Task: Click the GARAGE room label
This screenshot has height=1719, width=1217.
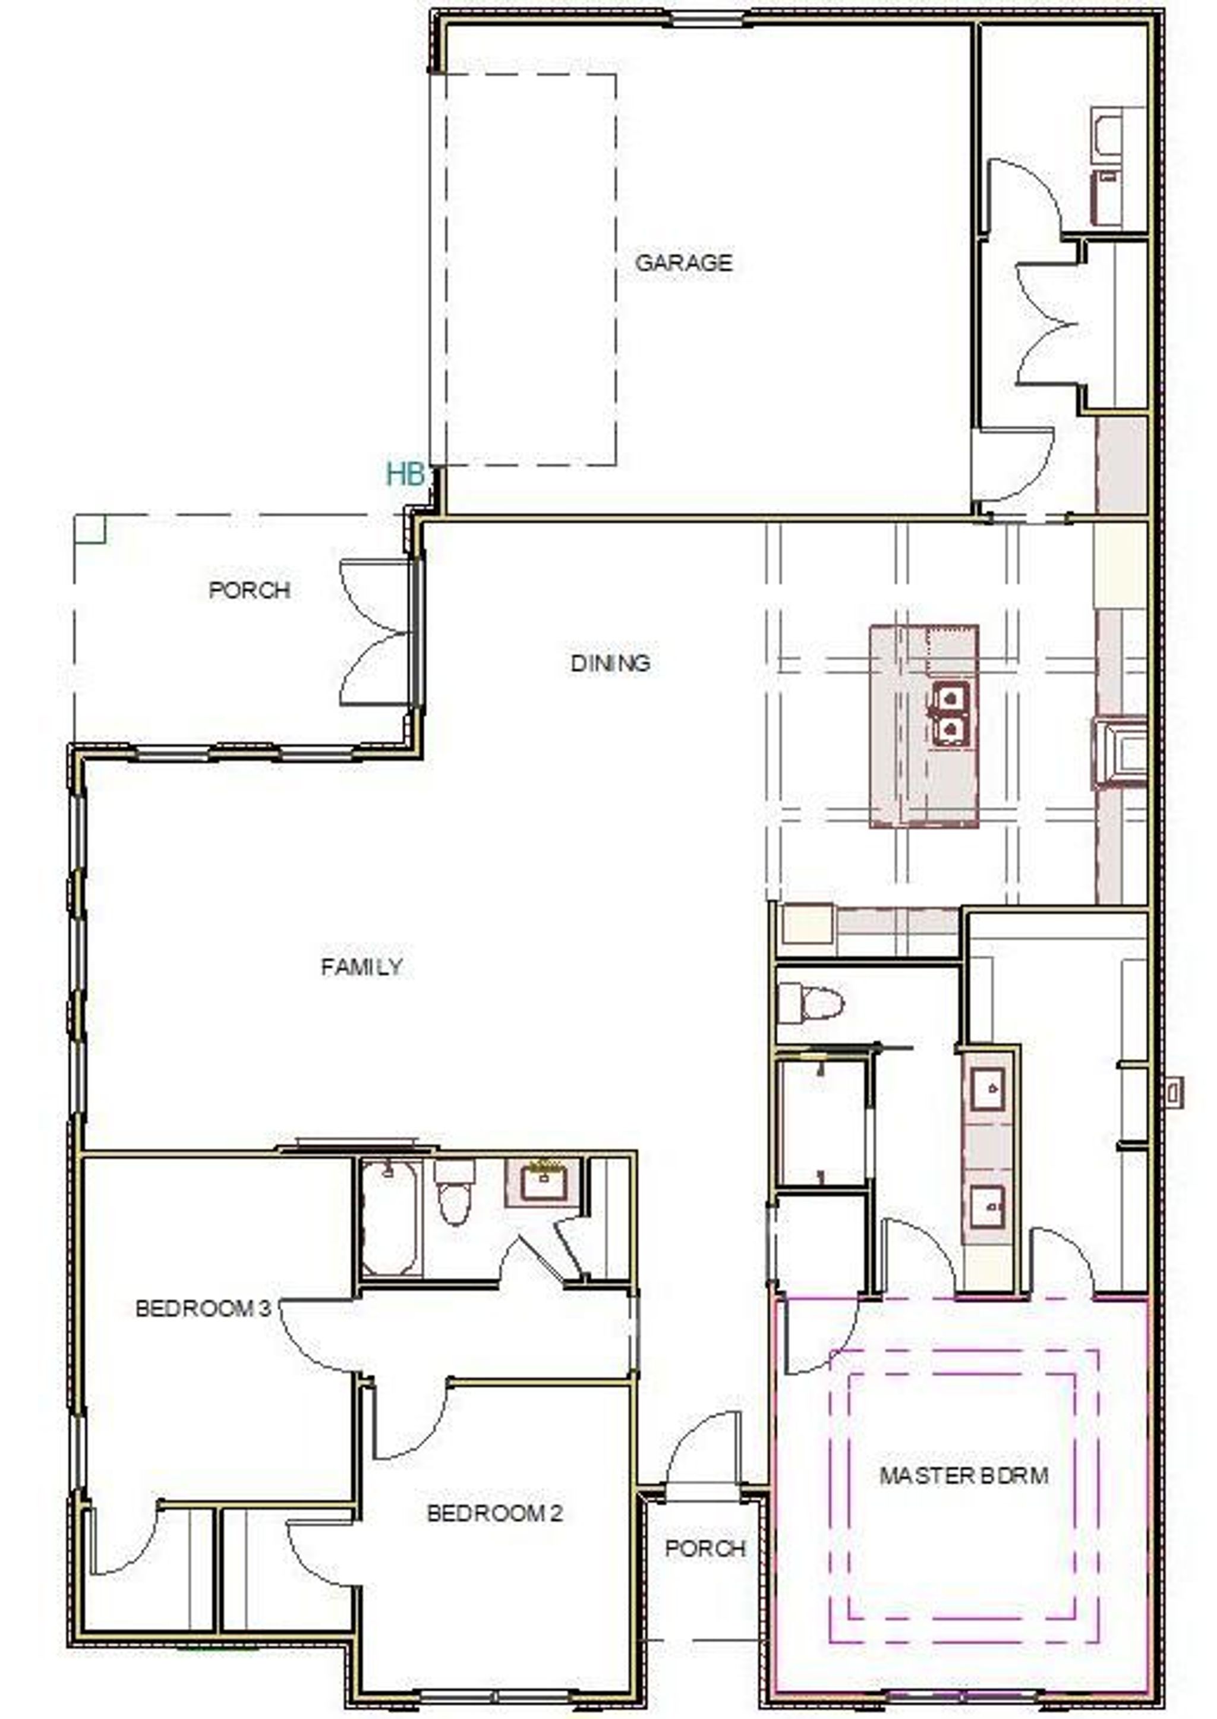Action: tap(683, 263)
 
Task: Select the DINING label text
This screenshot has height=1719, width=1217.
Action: tap(611, 663)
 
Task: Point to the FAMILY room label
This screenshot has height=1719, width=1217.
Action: tap(362, 967)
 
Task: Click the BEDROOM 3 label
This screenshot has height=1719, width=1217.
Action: tap(202, 1309)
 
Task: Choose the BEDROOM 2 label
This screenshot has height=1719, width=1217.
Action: tap(494, 1513)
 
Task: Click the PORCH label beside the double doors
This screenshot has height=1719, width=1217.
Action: tap(250, 590)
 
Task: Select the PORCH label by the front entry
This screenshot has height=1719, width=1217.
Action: tap(705, 1549)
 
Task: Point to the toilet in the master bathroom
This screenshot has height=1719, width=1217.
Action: tap(811, 1003)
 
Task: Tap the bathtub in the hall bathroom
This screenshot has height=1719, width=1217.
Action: tap(389, 1217)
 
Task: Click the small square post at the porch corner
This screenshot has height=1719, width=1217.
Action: tap(90, 529)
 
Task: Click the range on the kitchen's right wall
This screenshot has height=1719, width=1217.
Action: tap(1120, 753)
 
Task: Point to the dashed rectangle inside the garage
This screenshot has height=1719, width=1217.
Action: tap(617, 270)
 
